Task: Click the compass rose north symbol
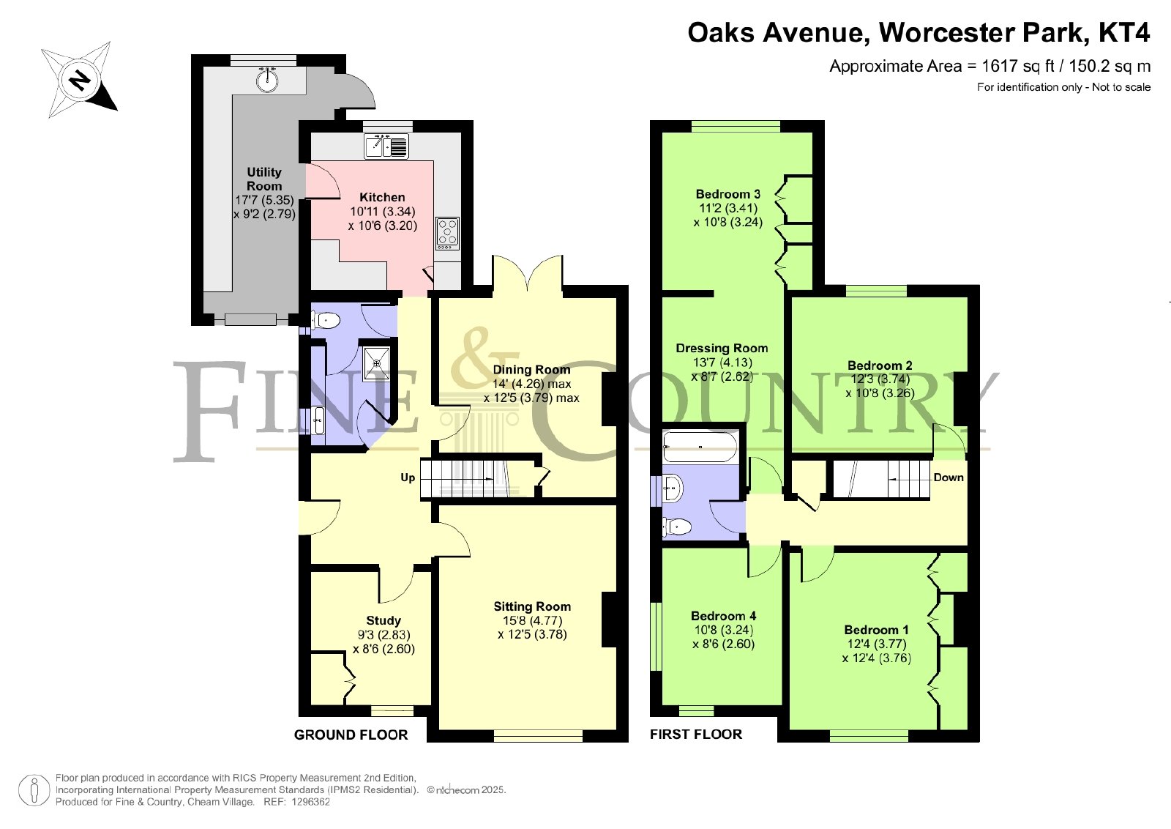(80, 81)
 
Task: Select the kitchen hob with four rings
(447, 233)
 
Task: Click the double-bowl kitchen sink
(386, 146)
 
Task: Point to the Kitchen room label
(382, 197)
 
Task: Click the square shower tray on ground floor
(376, 363)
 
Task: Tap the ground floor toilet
(326, 319)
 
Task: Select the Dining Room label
(531, 370)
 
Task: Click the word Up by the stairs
(408, 477)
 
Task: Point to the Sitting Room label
(532, 606)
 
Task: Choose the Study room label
(384, 621)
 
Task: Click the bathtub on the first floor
(700, 447)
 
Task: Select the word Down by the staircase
(949, 477)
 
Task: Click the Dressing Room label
(722, 349)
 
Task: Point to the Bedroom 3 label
(727, 194)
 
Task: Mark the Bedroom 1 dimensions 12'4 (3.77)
(877, 644)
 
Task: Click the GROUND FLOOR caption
(351, 735)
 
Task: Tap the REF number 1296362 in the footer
(311, 802)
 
